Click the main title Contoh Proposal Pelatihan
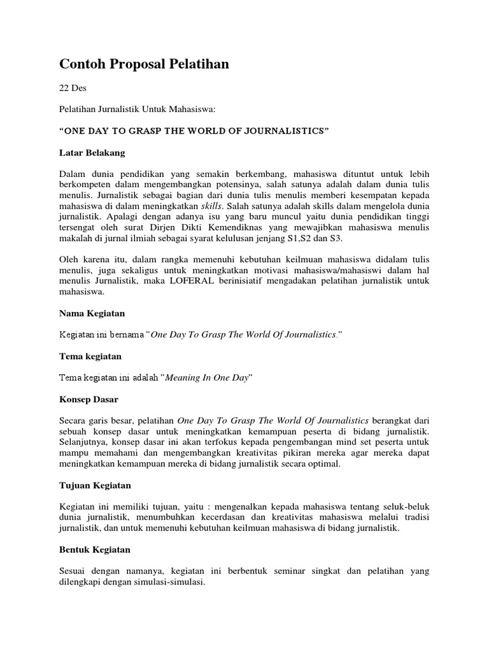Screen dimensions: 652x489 pyautogui.click(x=144, y=64)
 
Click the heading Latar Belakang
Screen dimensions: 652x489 pyautogui.click(x=92, y=153)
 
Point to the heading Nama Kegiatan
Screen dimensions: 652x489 pyautogui.click(x=92, y=313)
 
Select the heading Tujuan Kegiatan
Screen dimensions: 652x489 pyautogui.click(x=95, y=485)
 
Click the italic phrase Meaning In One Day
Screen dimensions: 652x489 pyautogui.click(x=207, y=378)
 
